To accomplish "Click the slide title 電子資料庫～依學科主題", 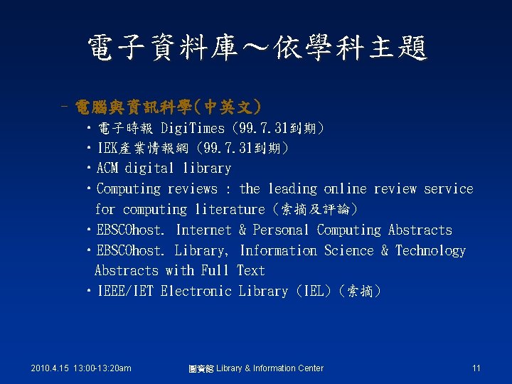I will (256, 49).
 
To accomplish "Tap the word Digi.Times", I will (193, 128).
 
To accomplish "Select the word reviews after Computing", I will (192, 189).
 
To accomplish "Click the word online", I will (345, 189).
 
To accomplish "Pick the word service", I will (448, 189).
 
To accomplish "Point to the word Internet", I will (203, 230).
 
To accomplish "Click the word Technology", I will (430, 250).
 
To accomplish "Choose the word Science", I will (348, 250).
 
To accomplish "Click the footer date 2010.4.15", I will (53, 368).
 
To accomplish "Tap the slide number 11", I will (476, 368).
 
